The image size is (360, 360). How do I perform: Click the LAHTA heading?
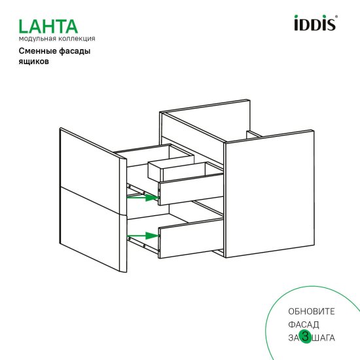[x=48, y=26]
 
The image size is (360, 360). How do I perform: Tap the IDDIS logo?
[x=313, y=25]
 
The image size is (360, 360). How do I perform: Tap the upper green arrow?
[x=143, y=197]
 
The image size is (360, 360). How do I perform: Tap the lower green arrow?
[x=143, y=235]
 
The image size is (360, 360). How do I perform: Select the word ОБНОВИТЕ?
[x=310, y=310]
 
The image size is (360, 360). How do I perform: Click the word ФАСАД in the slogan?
[x=302, y=324]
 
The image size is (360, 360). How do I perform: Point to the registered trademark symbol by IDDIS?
[x=337, y=18]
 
